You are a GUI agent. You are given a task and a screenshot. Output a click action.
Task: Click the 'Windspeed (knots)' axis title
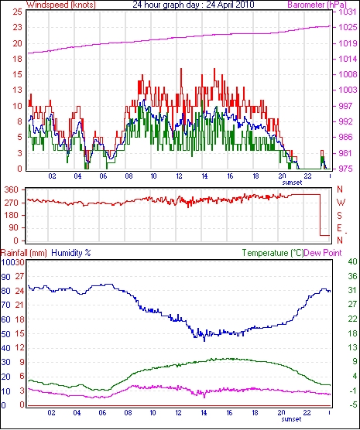click(x=61, y=5)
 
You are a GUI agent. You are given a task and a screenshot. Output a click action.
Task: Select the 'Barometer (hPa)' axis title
click(x=317, y=5)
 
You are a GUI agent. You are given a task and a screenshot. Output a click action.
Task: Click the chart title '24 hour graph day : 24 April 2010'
click(x=194, y=5)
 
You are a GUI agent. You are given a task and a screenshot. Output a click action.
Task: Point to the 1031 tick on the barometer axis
click(x=348, y=12)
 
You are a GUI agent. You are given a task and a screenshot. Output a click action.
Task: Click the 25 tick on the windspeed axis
click(x=17, y=12)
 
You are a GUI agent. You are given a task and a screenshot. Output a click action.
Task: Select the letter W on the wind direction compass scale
click(x=341, y=203)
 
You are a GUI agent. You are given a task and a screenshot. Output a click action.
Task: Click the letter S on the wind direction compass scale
click(x=339, y=216)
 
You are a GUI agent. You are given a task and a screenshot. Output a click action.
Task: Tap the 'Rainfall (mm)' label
click(x=24, y=253)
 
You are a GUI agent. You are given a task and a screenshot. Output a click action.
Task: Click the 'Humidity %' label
click(x=71, y=253)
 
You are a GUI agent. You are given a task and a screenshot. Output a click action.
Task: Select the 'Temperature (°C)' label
click(x=273, y=253)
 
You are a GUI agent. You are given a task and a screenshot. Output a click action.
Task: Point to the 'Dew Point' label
click(x=323, y=253)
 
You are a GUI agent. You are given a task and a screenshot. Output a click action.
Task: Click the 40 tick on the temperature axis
click(x=352, y=261)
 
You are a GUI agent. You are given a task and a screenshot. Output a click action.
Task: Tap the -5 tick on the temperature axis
click(x=352, y=404)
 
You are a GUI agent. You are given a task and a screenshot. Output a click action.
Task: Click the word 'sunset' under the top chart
click(x=292, y=183)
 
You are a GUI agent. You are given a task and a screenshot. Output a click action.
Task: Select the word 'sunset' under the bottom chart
click(x=291, y=419)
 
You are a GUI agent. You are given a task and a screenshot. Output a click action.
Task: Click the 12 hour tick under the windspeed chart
click(x=179, y=176)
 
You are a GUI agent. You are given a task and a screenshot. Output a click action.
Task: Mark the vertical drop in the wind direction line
click(x=321, y=215)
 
